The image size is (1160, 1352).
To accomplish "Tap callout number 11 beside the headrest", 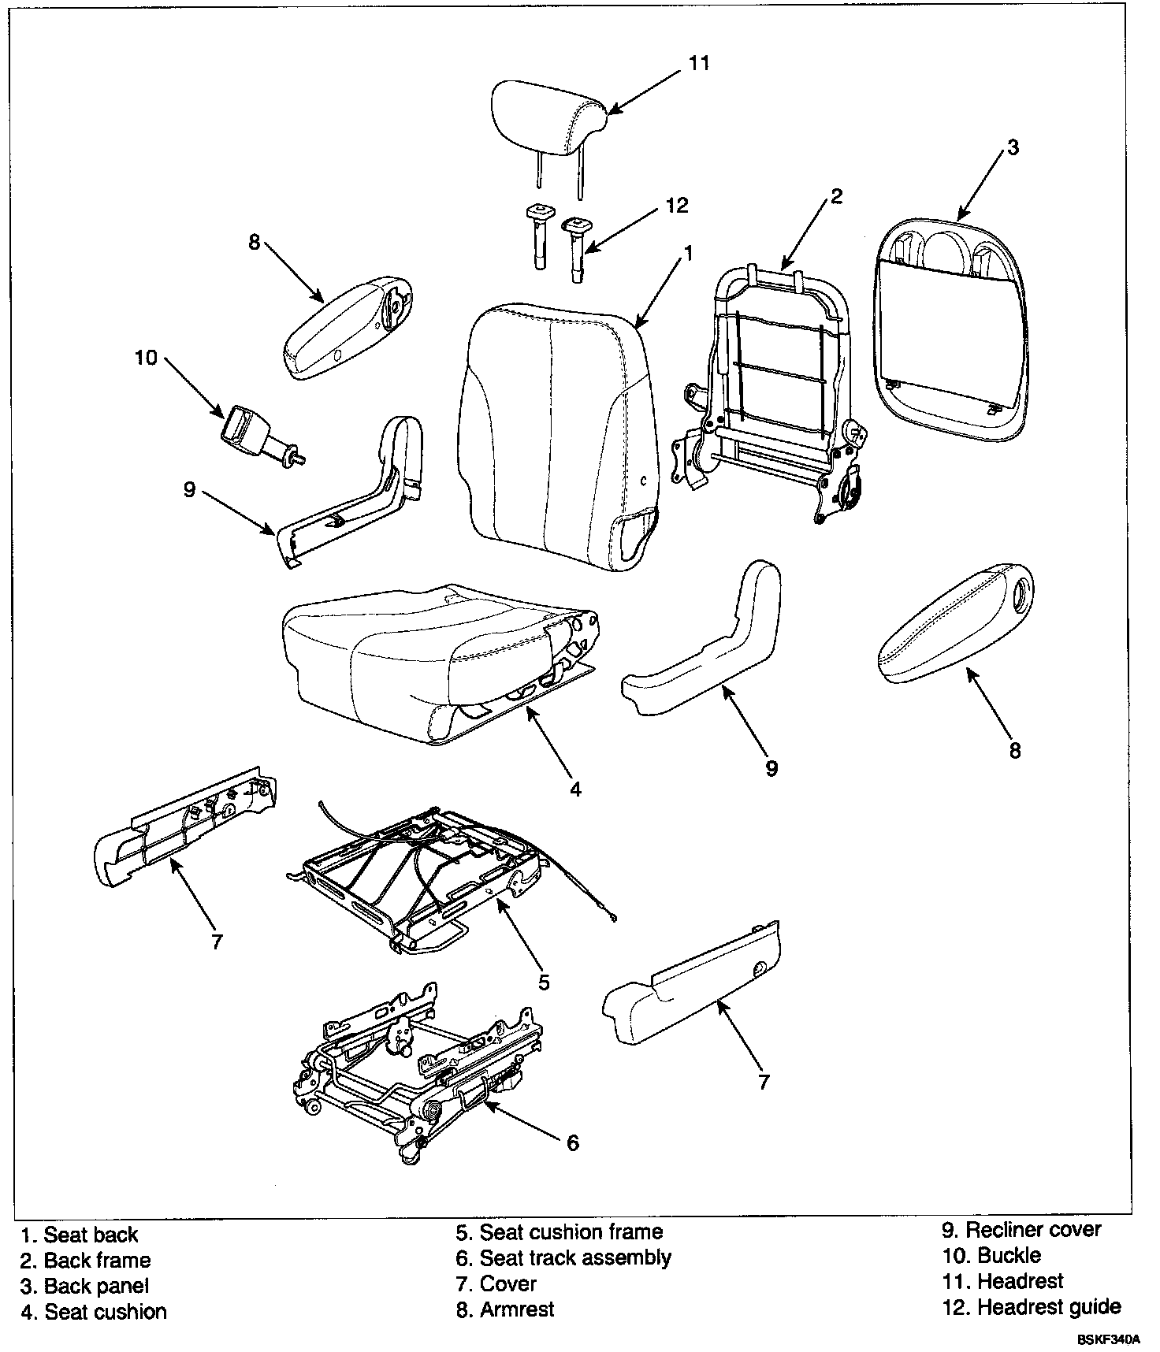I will (x=699, y=63).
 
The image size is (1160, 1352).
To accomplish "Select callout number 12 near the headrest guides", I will (x=676, y=206).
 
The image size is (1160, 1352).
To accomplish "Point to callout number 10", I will (x=146, y=358).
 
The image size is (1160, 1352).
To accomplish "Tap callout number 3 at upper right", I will (x=1013, y=147).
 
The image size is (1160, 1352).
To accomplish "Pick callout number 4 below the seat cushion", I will (x=575, y=789).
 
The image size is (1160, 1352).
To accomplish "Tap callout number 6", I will (x=572, y=1142).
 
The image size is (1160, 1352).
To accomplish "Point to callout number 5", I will (x=544, y=982).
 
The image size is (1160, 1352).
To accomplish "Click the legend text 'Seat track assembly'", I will (x=574, y=1258).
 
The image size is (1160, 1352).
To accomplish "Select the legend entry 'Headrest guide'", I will (x=1048, y=1307).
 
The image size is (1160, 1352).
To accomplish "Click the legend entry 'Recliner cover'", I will (x=1033, y=1230).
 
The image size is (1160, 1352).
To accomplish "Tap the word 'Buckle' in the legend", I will (x=1009, y=1255).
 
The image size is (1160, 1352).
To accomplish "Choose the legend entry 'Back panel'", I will (x=96, y=1287).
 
